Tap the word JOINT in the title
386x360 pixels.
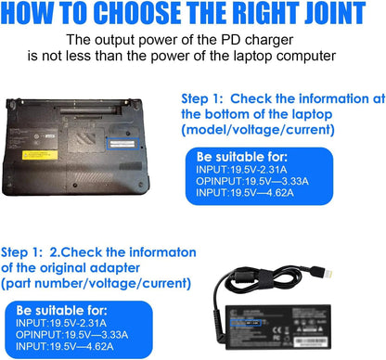[x=336, y=15]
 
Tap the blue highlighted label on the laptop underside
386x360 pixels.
[x=122, y=142]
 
